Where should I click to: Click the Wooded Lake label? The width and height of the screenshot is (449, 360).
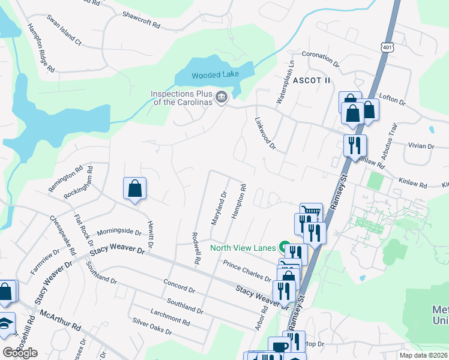[x=215, y=74]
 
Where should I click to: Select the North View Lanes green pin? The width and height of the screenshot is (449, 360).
[x=285, y=248]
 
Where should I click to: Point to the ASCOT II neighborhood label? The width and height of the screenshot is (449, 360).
[x=312, y=80]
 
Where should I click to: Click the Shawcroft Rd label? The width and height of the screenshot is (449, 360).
[x=141, y=20]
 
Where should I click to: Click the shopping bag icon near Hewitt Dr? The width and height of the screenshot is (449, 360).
[x=135, y=188]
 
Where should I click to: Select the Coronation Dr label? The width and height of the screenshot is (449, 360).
[x=321, y=58]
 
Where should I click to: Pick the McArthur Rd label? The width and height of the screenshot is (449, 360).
[x=60, y=320]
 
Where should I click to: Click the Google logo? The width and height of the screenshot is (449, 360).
[x=20, y=353]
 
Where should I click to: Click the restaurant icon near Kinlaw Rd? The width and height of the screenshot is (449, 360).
[x=355, y=145]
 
